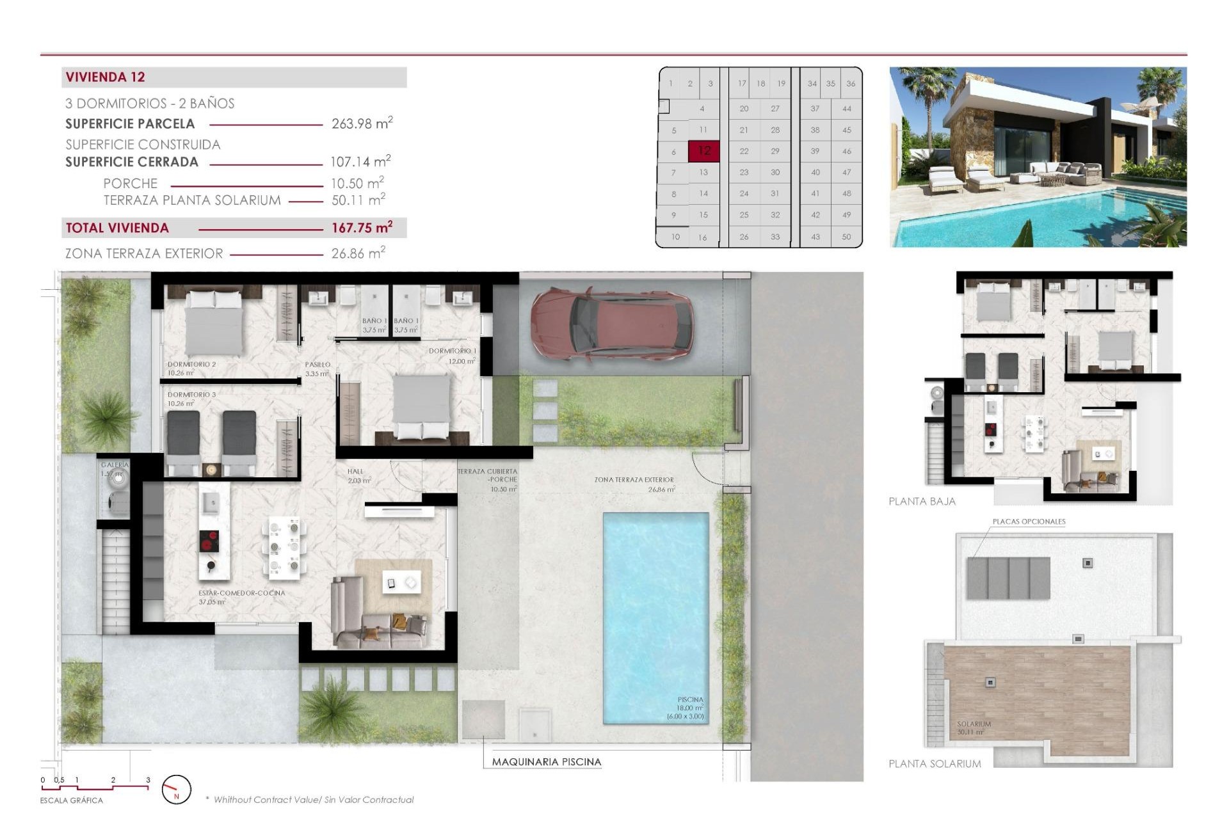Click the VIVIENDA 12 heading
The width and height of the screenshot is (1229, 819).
[x=106, y=77]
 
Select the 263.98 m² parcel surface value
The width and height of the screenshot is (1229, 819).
[x=362, y=123]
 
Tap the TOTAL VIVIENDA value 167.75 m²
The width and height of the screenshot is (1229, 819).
[x=362, y=228]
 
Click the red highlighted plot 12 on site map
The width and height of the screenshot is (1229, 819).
[x=704, y=151]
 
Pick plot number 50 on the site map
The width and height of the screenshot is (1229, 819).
[x=846, y=237]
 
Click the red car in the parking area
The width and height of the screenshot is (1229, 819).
[x=611, y=323]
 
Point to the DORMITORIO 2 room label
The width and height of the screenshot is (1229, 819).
[x=191, y=368]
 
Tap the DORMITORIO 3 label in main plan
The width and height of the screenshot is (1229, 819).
[x=191, y=399]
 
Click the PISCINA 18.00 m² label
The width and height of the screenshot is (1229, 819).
[x=689, y=708]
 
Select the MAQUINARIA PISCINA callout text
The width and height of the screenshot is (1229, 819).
[x=546, y=761]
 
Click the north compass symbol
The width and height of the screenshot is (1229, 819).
[x=176, y=790]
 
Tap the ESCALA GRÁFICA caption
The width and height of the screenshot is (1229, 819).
[x=71, y=800]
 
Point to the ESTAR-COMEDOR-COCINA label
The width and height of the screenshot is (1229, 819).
[x=241, y=597]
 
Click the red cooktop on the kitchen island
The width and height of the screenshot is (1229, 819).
[x=209, y=541]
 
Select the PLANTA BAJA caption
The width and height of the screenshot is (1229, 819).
[x=922, y=502]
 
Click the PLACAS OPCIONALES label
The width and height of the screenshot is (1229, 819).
[x=1029, y=521]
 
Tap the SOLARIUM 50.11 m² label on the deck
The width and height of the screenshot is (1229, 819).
[x=974, y=728]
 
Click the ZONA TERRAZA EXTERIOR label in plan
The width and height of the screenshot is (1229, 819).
[x=634, y=484]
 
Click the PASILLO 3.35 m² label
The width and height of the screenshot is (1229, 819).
[x=317, y=369]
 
